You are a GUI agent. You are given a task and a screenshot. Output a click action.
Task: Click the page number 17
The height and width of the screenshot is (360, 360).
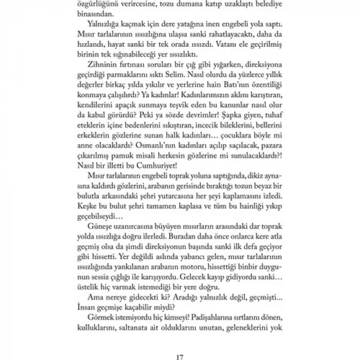click(180, 344)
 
